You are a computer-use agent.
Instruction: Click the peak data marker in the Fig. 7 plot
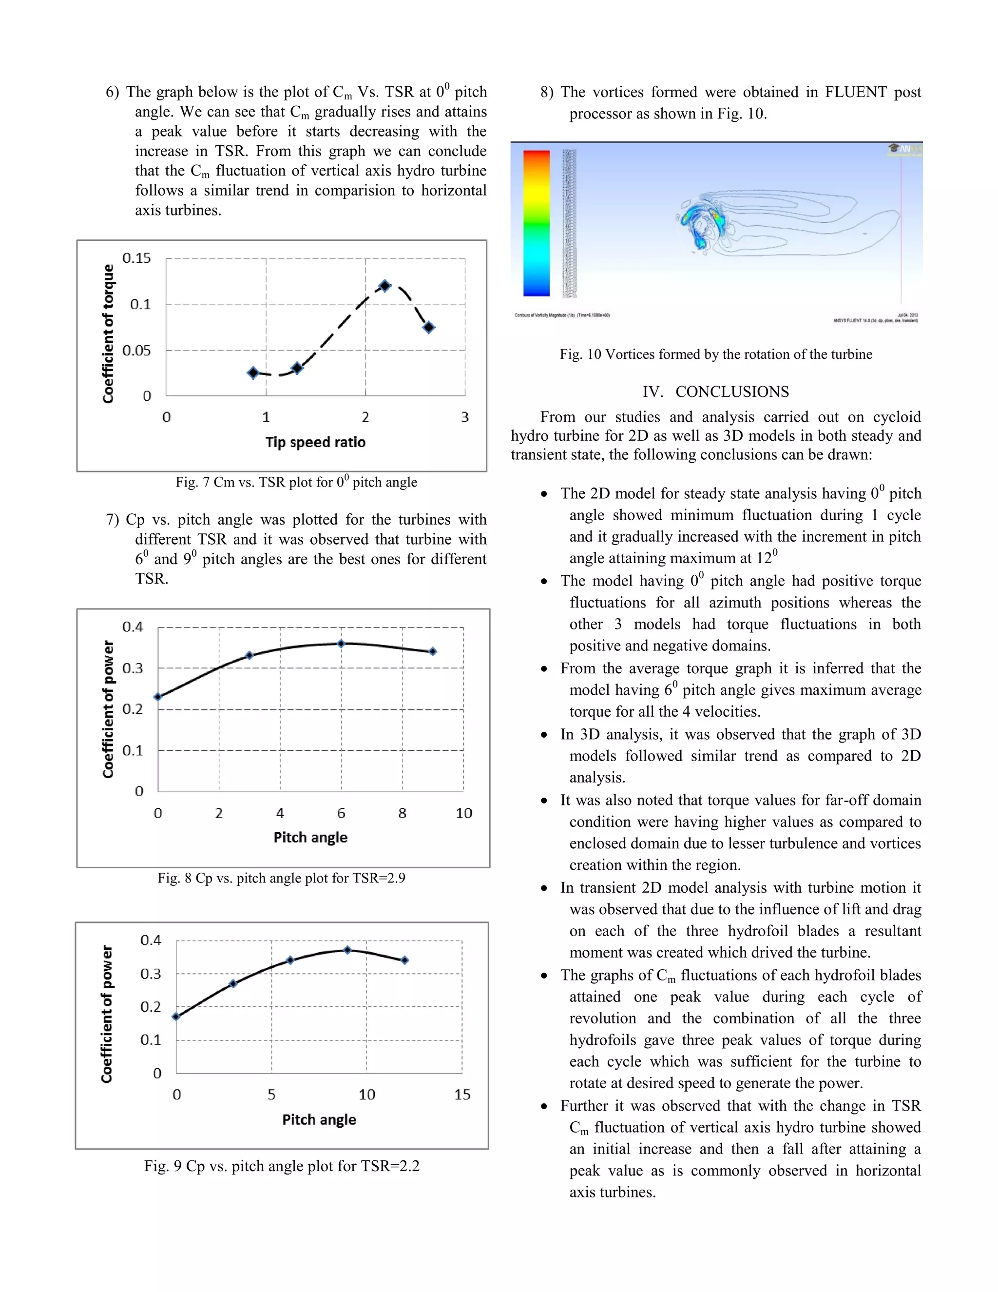pos(385,286)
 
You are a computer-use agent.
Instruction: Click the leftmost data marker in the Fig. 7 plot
pos(253,372)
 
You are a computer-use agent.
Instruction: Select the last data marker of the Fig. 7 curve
pos(429,327)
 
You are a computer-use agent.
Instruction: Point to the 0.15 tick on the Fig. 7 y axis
pos(136,258)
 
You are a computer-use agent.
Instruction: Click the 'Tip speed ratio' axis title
pos(315,443)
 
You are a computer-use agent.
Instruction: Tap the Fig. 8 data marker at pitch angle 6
pos(341,644)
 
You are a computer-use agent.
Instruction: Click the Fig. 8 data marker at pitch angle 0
pos(158,697)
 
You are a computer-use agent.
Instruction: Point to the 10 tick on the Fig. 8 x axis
pos(463,813)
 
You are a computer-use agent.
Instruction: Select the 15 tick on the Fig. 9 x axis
pos(462,1095)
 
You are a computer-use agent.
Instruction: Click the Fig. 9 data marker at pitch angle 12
pos(405,960)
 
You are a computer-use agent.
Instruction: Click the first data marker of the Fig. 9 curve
pos(176,1017)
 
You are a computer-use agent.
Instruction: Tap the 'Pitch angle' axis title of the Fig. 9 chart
pos(319,1120)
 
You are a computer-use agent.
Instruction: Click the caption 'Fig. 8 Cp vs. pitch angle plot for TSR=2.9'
pos(282,878)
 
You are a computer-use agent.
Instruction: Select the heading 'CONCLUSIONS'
pos(732,392)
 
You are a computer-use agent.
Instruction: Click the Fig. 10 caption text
pos(716,354)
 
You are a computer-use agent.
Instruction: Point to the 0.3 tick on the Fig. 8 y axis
pos(133,668)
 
